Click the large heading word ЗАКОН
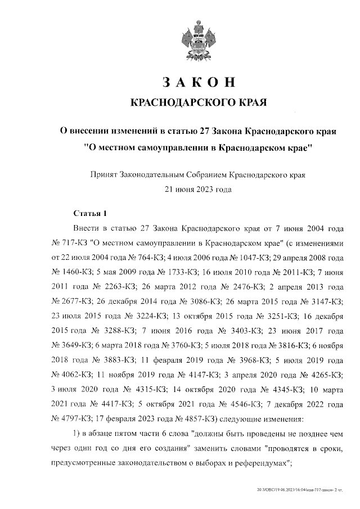(197, 82)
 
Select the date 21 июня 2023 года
(197, 190)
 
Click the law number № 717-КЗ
(69, 243)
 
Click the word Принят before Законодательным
(102, 175)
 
